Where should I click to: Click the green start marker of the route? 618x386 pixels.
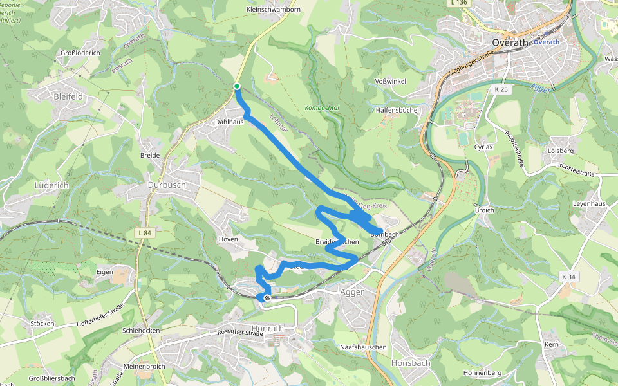(x=237, y=86)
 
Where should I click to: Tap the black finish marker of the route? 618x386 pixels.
(x=267, y=298)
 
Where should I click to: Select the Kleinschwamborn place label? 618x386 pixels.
(x=273, y=10)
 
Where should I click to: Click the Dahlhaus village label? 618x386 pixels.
(x=228, y=121)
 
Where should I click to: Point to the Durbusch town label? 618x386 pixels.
(x=166, y=185)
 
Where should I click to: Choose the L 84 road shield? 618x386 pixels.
(x=145, y=232)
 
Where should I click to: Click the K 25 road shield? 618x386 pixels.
(x=502, y=89)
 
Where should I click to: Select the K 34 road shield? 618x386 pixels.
(x=568, y=277)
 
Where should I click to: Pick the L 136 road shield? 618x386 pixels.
(x=458, y=3)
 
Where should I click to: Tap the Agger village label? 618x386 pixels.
(x=351, y=292)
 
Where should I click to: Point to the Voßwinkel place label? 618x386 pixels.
(x=390, y=82)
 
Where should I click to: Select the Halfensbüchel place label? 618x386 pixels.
(x=397, y=110)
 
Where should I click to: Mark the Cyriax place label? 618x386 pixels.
(x=483, y=147)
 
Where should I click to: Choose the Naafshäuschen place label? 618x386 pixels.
(x=363, y=347)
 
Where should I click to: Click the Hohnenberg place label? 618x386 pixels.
(x=482, y=372)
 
